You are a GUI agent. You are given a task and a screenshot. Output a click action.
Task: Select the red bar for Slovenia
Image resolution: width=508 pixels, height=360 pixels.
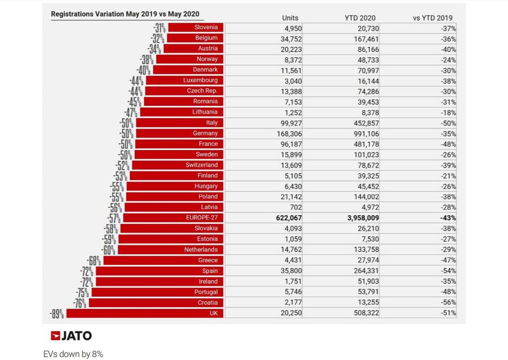[x=196, y=27]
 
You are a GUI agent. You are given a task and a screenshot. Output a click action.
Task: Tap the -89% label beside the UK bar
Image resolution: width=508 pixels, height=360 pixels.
[x=57, y=314]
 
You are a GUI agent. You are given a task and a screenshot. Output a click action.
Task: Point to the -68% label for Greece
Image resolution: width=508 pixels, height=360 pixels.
[x=94, y=261]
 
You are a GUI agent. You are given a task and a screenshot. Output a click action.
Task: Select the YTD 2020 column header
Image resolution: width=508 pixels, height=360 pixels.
[x=360, y=18]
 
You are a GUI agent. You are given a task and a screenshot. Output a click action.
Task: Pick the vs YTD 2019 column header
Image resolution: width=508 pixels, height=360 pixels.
[x=433, y=18]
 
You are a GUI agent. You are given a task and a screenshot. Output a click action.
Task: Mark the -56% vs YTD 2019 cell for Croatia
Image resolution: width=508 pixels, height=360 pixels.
[x=447, y=303]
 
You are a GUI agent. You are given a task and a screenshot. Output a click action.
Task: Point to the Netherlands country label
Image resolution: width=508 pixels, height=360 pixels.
[x=200, y=250]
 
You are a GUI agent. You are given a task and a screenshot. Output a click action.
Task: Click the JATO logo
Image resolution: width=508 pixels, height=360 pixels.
[x=71, y=336]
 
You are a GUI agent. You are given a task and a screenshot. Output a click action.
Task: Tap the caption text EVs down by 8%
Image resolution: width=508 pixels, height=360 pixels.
[x=73, y=354]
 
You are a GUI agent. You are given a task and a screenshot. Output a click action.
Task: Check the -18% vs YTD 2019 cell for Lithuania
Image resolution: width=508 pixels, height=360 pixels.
[x=447, y=112]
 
